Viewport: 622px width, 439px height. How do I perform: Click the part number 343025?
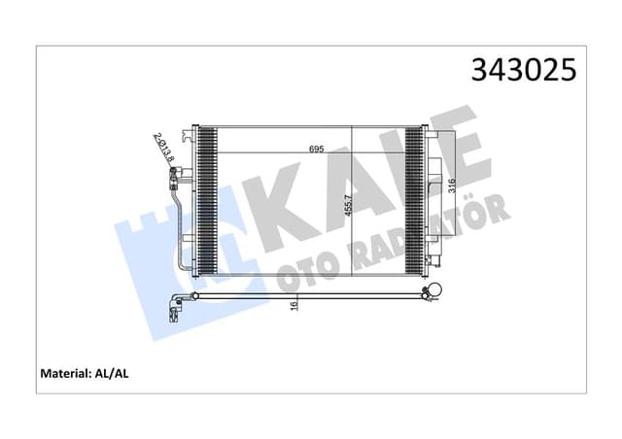(x=523, y=70)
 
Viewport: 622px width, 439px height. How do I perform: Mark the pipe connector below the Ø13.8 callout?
(x=177, y=176)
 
